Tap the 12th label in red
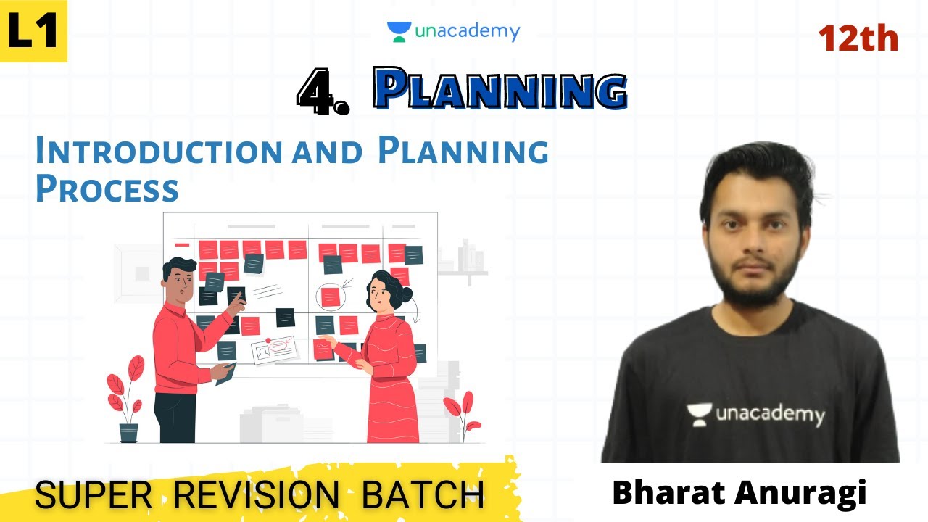click(x=858, y=38)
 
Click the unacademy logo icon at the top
click(x=399, y=31)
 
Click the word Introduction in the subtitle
click(x=158, y=151)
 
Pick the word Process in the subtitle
click(x=107, y=188)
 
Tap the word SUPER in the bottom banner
click(x=94, y=494)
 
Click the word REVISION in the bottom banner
click(x=257, y=494)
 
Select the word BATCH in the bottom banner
click(x=423, y=494)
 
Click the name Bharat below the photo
click(x=667, y=493)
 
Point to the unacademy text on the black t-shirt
click(x=770, y=414)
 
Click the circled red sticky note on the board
click(x=331, y=297)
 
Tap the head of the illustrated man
click(x=179, y=276)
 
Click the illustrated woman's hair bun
click(x=405, y=294)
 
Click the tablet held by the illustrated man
click(x=226, y=373)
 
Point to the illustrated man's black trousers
click(x=175, y=417)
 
